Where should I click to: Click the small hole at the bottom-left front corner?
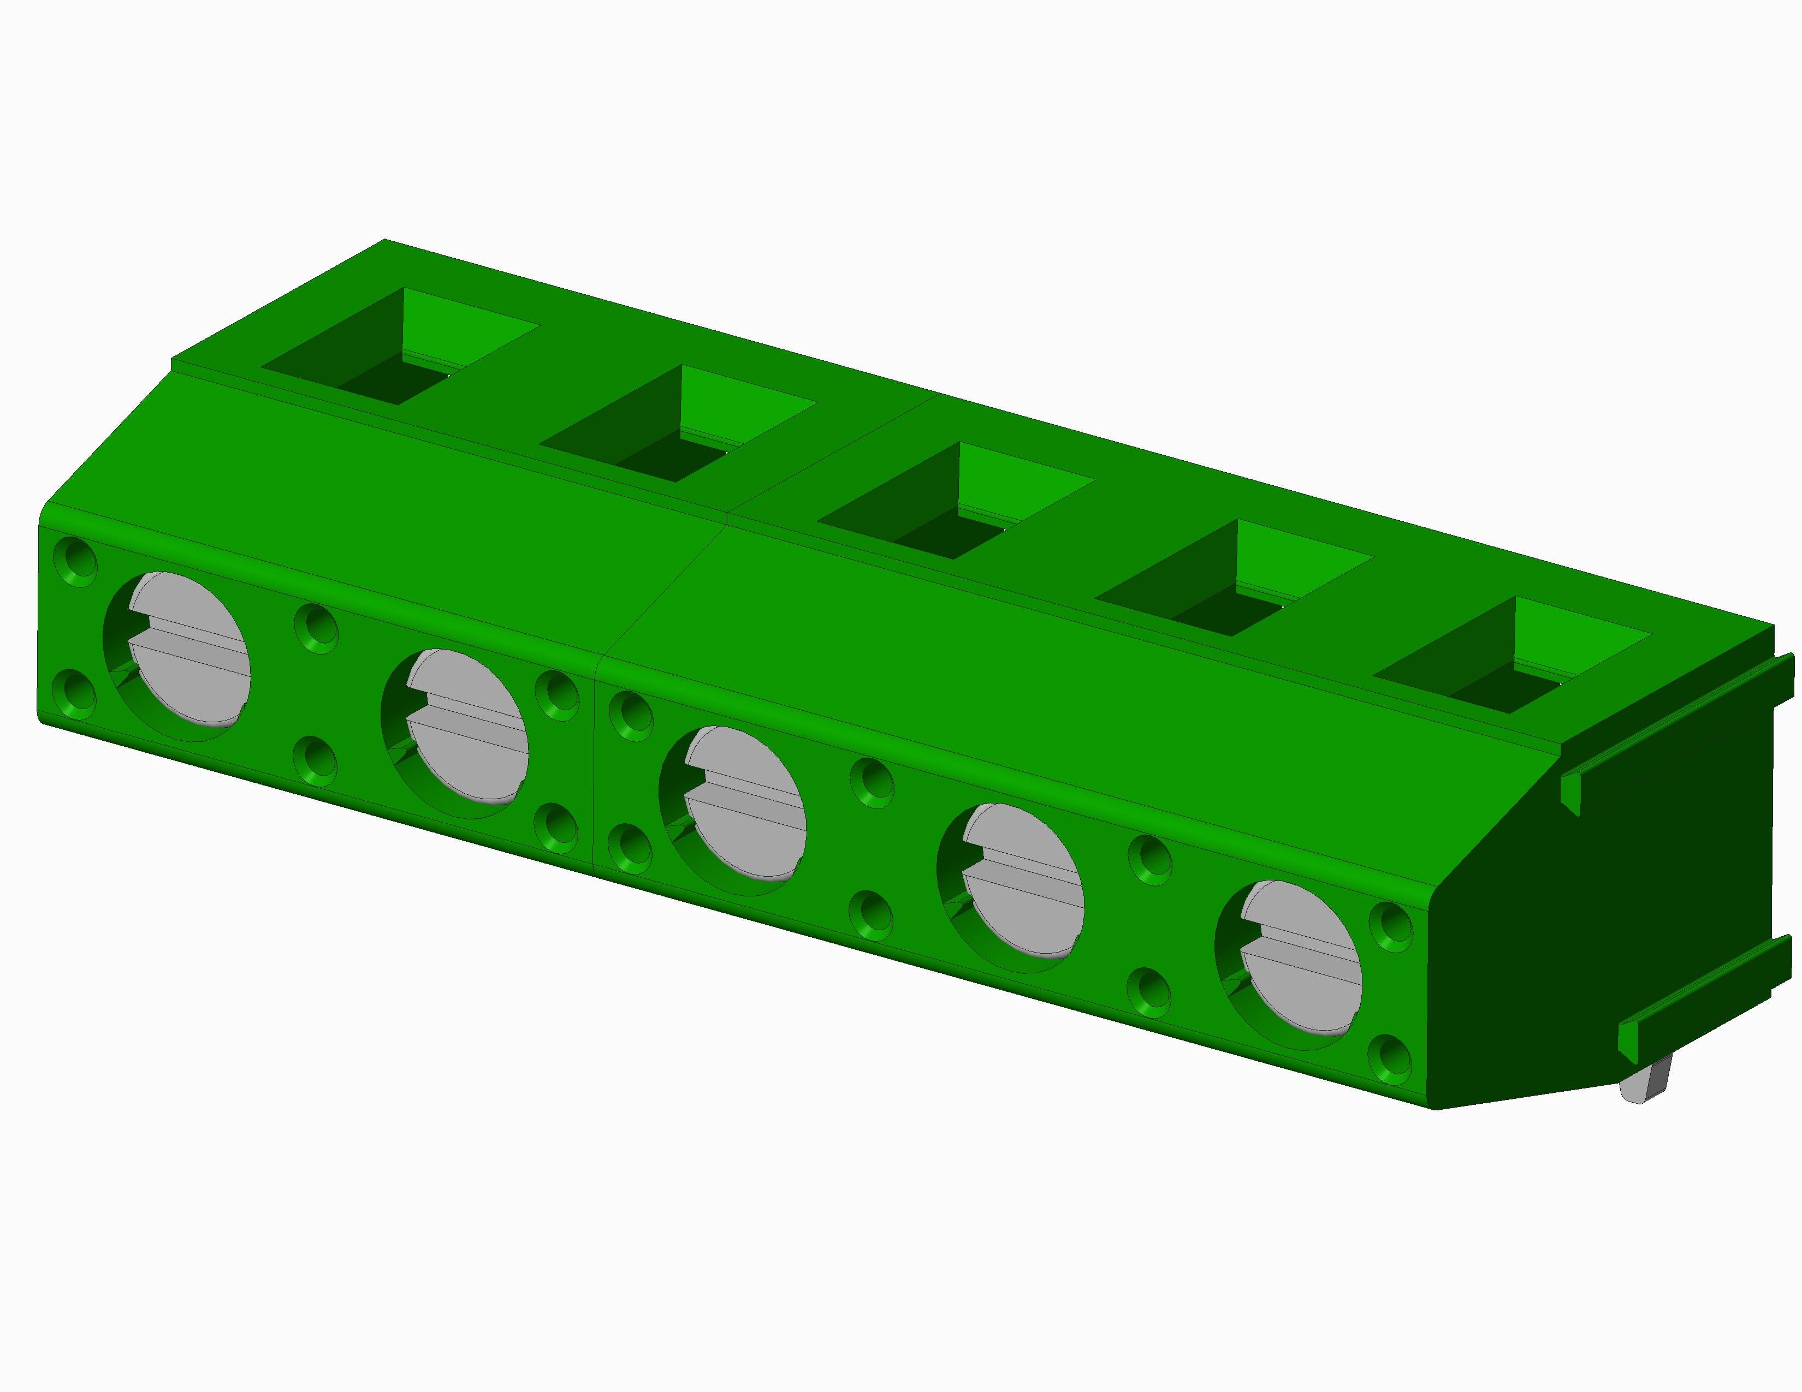click(x=75, y=692)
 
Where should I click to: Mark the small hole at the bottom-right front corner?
click(x=1390, y=1057)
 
